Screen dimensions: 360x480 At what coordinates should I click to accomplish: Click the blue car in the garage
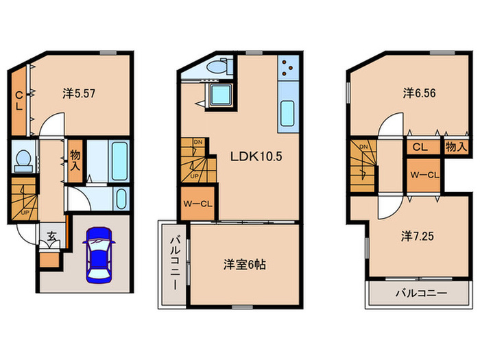pyautogui.click(x=100, y=253)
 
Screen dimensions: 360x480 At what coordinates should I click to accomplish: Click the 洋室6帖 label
pyautogui.click(x=245, y=264)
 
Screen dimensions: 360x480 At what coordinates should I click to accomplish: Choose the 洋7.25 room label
pyautogui.click(x=418, y=237)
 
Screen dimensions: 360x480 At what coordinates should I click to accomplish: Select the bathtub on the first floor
pyautogui.click(x=119, y=160)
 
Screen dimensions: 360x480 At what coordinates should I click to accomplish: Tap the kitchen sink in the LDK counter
pyautogui.click(x=287, y=111)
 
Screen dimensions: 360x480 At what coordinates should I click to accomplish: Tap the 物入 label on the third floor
pyautogui.click(x=455, y=146)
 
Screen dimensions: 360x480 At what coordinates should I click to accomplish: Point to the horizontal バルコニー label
pyautogui.click(x=420, y=293)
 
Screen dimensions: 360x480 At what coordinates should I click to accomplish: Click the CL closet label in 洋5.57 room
pyautogui.click(x=20, y=101)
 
